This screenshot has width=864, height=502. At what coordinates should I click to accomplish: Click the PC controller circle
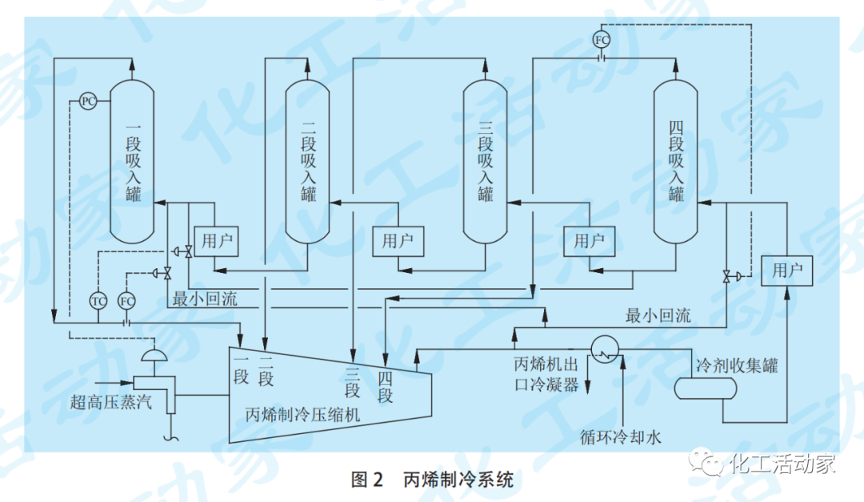[x=89, y=101]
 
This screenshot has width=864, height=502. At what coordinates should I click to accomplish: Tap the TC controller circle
[x=98, y=301]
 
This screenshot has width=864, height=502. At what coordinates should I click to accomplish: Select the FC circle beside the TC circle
[x=126, y=301]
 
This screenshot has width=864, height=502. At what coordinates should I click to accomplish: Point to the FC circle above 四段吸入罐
[x=602, y=38]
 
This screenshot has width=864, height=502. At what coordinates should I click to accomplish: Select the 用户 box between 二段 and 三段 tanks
[x=398, y=241]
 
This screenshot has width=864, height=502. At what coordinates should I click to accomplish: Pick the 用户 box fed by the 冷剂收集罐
[x=786, y=271]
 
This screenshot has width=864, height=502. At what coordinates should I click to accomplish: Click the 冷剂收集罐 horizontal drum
[x=705, y=388]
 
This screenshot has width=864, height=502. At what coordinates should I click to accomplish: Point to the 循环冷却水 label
[x=621, y=437]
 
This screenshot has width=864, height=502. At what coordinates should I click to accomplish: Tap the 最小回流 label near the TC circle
[x=205, y=299]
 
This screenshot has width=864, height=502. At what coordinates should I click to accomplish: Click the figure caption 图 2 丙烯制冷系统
[x=432, y=480]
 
